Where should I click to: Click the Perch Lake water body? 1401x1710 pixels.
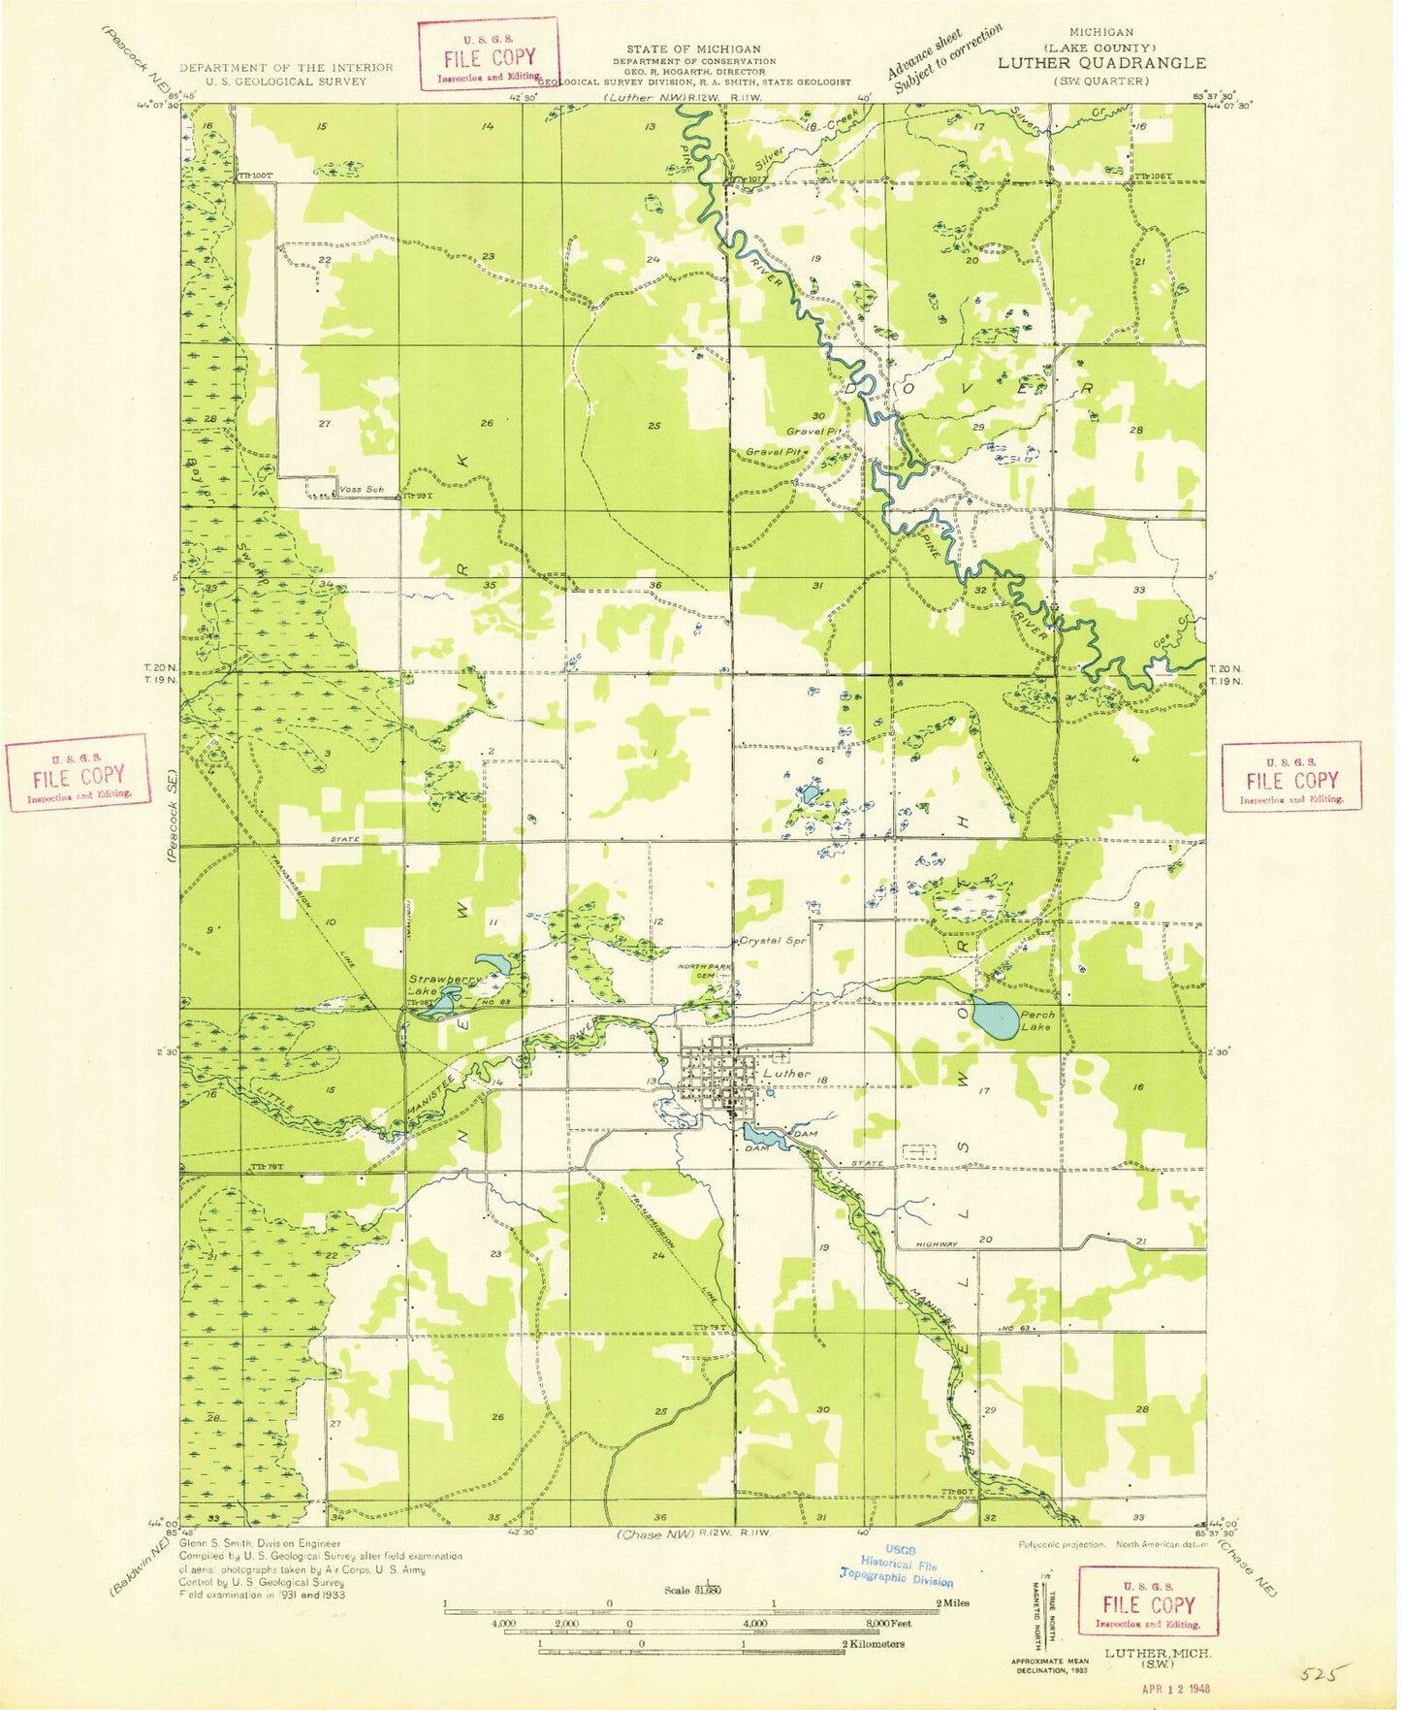[x=996, y=1016]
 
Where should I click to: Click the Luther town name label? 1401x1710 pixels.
[x=786, y=1074]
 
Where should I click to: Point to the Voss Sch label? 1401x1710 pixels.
[x=362, y=490]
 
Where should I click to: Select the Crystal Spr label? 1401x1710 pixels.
[x=773, y=941]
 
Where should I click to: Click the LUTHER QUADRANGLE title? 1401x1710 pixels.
[x=1101, y=63]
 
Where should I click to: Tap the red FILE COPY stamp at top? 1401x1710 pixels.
[x=489, y=55]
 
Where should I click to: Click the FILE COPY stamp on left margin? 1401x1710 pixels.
[x=79, y=773]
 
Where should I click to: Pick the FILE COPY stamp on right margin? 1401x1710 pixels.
[x=1291, y=778]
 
